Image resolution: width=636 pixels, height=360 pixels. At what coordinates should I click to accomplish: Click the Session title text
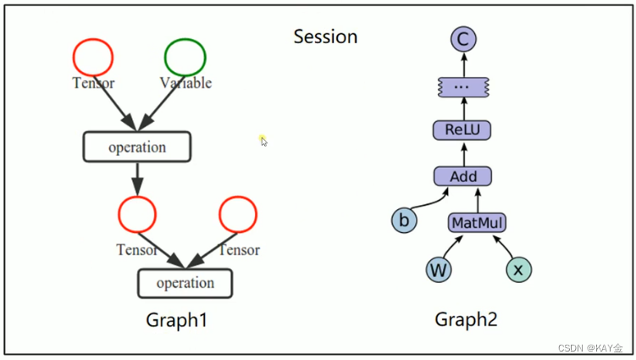pyautogui.click(x=325, y=36)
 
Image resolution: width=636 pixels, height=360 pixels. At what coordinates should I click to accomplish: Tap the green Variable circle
pyautogui.click(x=185, y=57)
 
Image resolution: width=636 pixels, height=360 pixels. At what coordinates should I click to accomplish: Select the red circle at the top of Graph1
pyautogui.click(x=93, y=57)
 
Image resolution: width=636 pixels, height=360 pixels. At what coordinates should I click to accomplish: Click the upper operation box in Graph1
pyautogui.click(x=136, y=147)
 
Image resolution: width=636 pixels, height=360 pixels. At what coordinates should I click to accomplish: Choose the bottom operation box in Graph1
pyautogui.click(x=185, y=283)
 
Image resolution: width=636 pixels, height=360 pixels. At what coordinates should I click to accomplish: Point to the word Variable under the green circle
pyautogui.click(x=185, y=83)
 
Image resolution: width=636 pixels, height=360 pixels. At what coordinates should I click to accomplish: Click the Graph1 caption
pyautogui.click(x=175, y=320)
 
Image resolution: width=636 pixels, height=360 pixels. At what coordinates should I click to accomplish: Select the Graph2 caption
pyautogui.click(x=466, y=320)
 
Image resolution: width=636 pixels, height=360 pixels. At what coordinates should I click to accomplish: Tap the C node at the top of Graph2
pyautogui.click(x=462, y=39)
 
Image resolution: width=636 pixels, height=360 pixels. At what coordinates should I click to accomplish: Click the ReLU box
pyautogui.click(x=462, y=130)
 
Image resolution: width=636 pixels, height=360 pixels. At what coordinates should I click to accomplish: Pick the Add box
pyautogui.click(x=462, y=176)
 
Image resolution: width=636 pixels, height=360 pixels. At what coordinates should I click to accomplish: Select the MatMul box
pyautogui.click(x=477, y=223)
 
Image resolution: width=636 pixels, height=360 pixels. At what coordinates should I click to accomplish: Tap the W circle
pyautogui.click(x=438, y=270)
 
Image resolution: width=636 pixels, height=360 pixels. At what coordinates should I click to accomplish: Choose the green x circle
pyautogui.click(x=518, y=270)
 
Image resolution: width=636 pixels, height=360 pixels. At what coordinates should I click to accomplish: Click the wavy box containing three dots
pyautogui.click(x=462, y=86)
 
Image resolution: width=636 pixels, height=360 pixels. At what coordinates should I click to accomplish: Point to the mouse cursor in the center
pyautogui.click(x=263, y=141)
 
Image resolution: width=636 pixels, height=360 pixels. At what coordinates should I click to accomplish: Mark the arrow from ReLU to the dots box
pyautogui.click(x=462, y=108)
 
